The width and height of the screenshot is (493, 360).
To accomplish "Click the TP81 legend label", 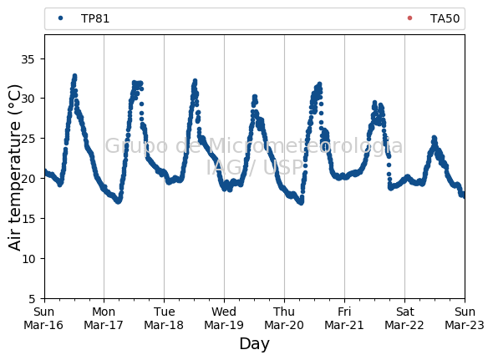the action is tap(95, 18).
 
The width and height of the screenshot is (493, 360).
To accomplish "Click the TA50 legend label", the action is tap(445, 18).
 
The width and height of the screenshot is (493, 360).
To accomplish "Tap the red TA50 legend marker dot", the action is tap(409, 18).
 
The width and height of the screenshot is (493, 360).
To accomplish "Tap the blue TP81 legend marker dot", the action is tap(61, 18).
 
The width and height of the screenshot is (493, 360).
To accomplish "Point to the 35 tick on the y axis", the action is tap(28, 59).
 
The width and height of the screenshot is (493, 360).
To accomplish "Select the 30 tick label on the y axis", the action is tap(28, 99).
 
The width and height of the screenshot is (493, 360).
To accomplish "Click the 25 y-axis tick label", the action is tap(28, 139).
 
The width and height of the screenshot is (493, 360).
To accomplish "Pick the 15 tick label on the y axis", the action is tap(28, 219).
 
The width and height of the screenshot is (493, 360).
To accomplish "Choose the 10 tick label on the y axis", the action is tap(28, 258).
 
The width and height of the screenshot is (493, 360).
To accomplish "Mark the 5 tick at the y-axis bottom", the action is tap(32, 299).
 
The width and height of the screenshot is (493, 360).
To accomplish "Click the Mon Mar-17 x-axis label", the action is tap(104, 318).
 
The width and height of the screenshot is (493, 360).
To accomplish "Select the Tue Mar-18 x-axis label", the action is tap(164, 318).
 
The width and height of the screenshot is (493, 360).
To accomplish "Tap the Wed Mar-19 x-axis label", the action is tap(224, 318).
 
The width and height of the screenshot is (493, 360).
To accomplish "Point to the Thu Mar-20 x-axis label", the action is tap(284, 318).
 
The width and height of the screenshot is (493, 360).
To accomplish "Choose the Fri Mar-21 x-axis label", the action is tap(344, 318).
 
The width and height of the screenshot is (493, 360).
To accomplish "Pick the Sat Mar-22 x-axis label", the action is tap(404, 318).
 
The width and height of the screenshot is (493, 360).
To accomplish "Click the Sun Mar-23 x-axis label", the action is tap(465, 318).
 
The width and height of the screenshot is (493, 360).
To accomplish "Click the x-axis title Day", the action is tap(254, 343).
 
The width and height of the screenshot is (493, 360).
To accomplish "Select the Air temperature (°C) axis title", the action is tap(14, 168).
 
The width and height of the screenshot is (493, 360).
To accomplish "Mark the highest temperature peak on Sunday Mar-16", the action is tap(74, 75).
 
